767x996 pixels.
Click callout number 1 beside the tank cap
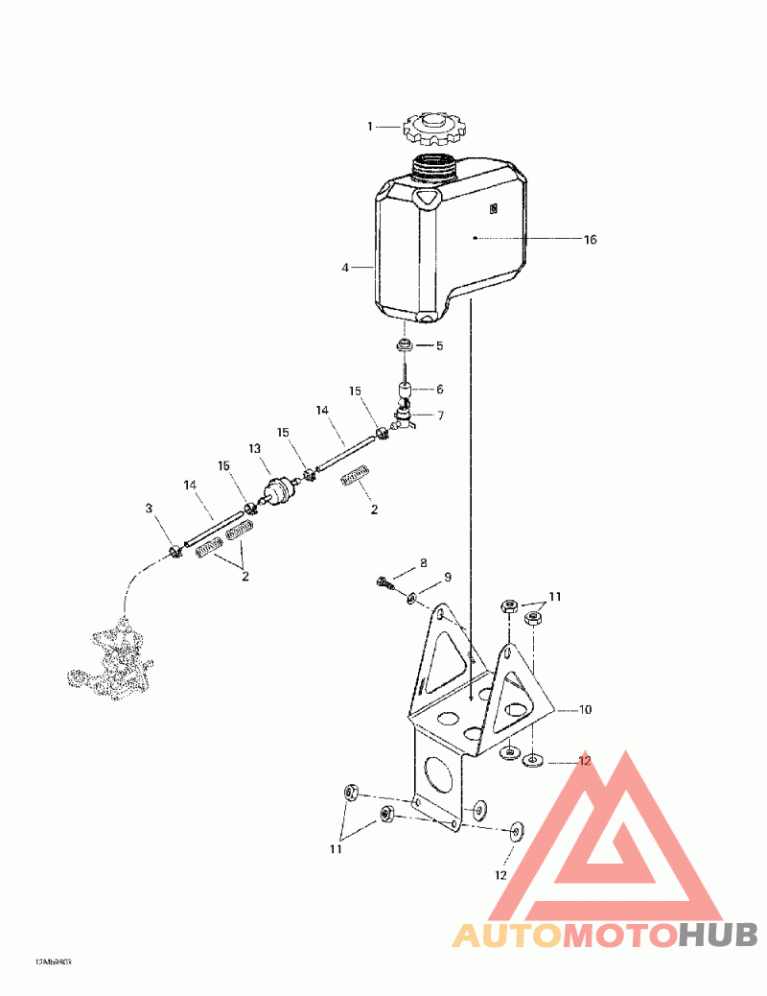click(369, 126)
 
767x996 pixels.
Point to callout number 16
click(590, 239)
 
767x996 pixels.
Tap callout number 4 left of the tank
click(345, 268)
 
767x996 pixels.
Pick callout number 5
click(439, 345)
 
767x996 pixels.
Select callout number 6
click(439, 390)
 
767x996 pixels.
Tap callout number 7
click(439, 415)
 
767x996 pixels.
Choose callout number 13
click(255, 448)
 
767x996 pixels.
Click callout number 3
click(149, 508)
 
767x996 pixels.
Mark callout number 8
click(423, 562)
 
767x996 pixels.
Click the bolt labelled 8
click(384, 581)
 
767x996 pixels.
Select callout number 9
click(446, 578)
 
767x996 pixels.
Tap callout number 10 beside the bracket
click(585, 710)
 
